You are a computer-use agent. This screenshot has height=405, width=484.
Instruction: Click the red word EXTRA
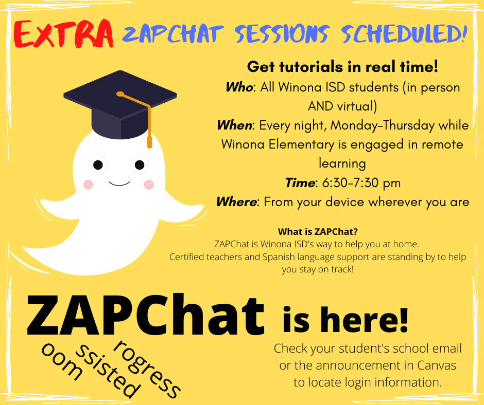(x=63, y=34)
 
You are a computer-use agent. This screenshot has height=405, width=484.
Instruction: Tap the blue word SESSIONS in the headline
(x=282, y=33)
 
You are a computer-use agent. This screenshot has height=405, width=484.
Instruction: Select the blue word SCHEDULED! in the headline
(x=404, y=33)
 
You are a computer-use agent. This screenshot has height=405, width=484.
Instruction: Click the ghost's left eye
(x=98, y=165)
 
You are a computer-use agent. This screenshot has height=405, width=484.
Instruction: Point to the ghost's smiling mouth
(x=119, y=183)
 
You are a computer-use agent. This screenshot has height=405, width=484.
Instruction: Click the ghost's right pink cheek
(x=149, y=185)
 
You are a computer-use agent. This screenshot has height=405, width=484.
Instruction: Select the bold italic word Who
(x=239, y=87)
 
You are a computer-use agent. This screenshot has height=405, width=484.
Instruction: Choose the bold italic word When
(x=235, y=125)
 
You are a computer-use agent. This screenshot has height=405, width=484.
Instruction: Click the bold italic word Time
(x=300, y=183)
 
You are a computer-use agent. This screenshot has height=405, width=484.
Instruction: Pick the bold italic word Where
(x=236, y=202)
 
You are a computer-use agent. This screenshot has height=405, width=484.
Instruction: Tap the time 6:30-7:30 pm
(x=361, y=183)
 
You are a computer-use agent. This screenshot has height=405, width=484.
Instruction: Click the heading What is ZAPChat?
(x=318, y=231)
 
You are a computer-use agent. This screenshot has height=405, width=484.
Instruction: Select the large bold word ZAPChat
(x=146, y=315)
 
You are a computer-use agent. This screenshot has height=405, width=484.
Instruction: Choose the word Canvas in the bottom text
(x=437, y=365)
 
